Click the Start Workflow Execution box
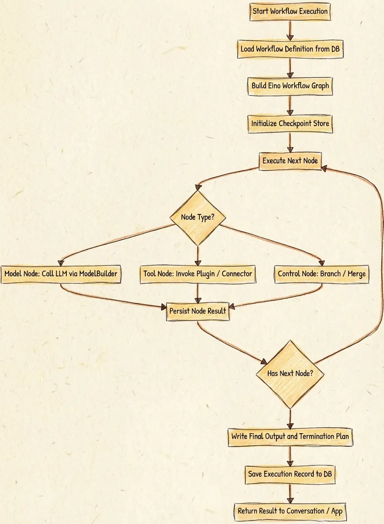tap(290, 11)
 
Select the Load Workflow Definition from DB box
tap(290, 49)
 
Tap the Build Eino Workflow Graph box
tap(290, 86)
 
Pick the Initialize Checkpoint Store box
tap(290, 124)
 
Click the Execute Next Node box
tap(290, 161)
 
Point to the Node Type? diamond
tap(197, 217)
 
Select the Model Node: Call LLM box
tap(61, 274)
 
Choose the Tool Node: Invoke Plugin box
tap(198, 274)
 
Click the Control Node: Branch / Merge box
tap(322, 274)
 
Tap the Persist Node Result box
tap(198, 311)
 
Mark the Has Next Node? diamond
tap(290, 374)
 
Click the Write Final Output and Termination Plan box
tap(290, 436)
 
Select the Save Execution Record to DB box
tap(290, 474)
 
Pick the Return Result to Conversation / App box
tap(290, 510)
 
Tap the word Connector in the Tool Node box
tap(237, 274)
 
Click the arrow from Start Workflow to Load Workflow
tap(290, 30)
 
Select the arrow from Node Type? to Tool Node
tap(198, 255)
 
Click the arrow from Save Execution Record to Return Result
tap(290, 492)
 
